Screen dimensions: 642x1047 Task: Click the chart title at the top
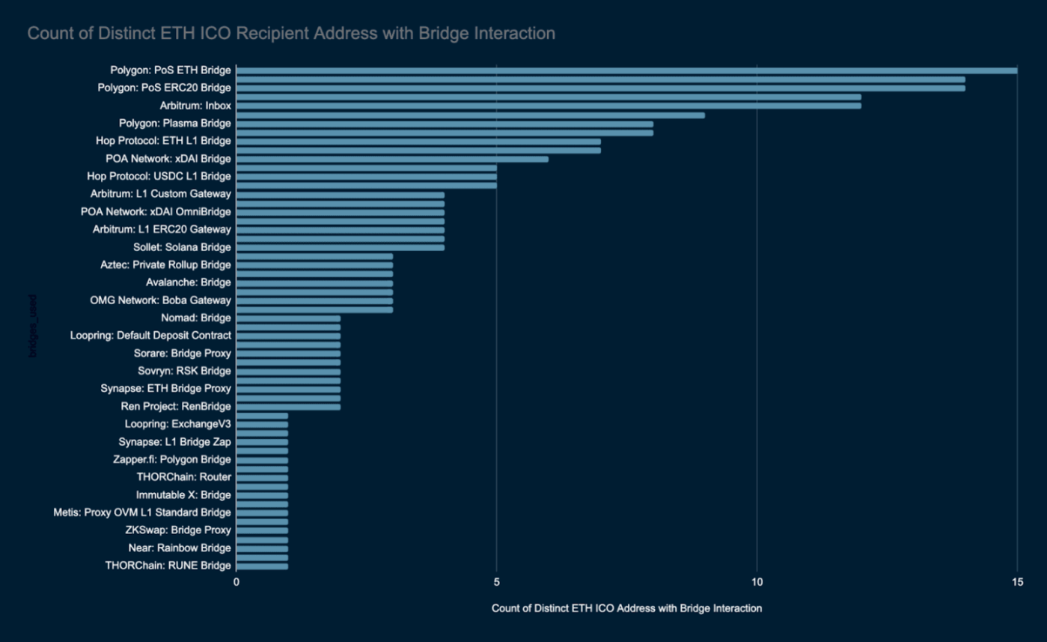click(x=291, y=34)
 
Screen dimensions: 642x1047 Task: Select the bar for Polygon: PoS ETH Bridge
click(x=626, y=70)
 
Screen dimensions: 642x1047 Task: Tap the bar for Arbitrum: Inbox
click(x=549, y=106)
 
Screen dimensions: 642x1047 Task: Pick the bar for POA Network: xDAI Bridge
click(x=392, y=159)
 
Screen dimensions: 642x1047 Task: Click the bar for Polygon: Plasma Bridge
click(x=445, y=124)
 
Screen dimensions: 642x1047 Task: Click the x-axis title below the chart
click(x=626, y=608)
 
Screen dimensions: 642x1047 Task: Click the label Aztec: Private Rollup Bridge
click(x=165, y=265)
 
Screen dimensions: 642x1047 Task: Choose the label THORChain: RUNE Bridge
click(x=168, y=566)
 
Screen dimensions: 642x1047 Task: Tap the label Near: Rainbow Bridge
click(x=180, y=548)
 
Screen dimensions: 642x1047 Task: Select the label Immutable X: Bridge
click(x=183, y=495)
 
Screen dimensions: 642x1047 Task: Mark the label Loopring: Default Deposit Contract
click(x=150, y=336)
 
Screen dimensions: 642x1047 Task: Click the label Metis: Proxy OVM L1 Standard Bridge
click(x=142, y=512)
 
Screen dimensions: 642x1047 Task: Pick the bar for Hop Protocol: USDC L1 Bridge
click(x=367, y=177)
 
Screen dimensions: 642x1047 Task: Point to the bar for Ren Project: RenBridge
click(x=288, y=407)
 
